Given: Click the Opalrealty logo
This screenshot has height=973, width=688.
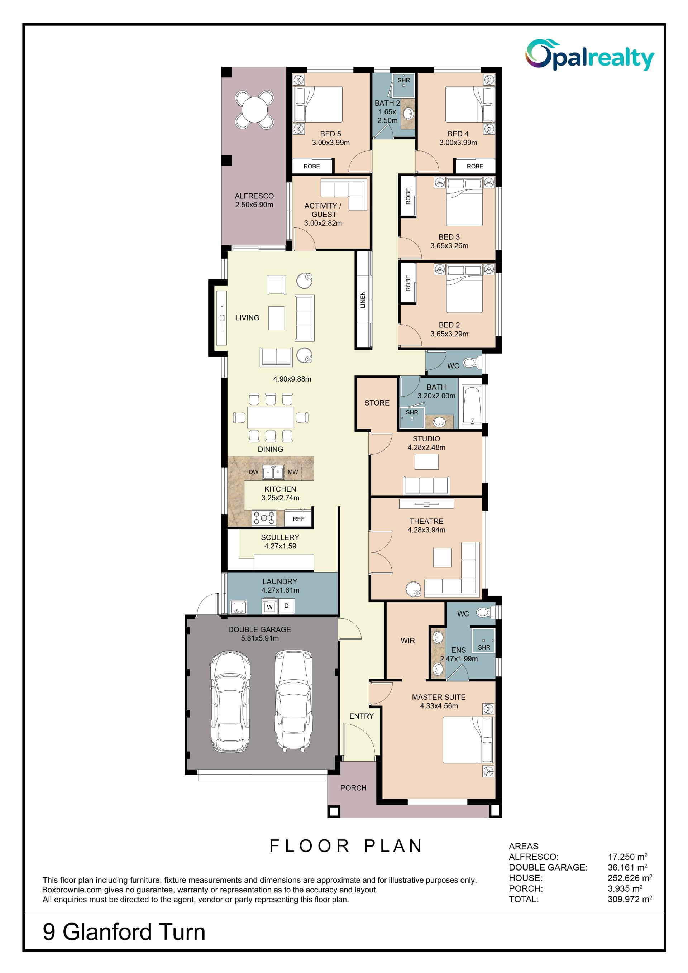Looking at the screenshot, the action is pyautogui.click(x=590, y=55).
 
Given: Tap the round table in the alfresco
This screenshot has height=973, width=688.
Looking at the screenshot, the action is pyautogui.click(x=254, y=110).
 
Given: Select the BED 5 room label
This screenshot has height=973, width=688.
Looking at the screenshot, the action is pyautogui.click(x=330, y=134).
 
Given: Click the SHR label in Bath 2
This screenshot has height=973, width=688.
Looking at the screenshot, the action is pyautogui.click(x=403, y=80).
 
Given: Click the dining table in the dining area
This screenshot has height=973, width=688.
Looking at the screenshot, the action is pyautogui.click(x=271, y=417).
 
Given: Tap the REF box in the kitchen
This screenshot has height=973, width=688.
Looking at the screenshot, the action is pyautogui.click(x=298, y=519).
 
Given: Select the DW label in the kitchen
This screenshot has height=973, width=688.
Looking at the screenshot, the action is pyautogui.click(x=253, y=472).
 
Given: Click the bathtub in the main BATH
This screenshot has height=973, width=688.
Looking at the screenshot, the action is pyautogui.click(x=471, y=405).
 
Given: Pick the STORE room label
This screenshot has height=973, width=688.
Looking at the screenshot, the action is pyautogui.click(x=377, y=403).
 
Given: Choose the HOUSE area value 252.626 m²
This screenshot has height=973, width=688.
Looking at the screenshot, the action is pyautogui.click(x=630, y=878).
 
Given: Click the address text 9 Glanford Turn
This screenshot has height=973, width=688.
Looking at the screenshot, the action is pyautogui.click(x=124, y=932).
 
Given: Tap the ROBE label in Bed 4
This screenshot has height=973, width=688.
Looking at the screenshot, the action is pyautogui.click(x=475, y=167).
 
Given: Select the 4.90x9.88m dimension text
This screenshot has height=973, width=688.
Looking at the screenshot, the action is pyautogui.click(x=292, y=379).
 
